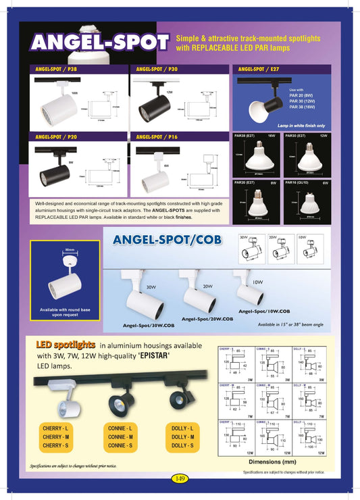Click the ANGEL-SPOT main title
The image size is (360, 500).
[100, 43]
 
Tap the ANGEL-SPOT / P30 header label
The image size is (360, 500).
[157, 69]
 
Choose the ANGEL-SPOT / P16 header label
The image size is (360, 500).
[157, 136]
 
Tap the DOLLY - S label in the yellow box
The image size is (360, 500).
[183, 445]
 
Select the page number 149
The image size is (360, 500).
[180, 478]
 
